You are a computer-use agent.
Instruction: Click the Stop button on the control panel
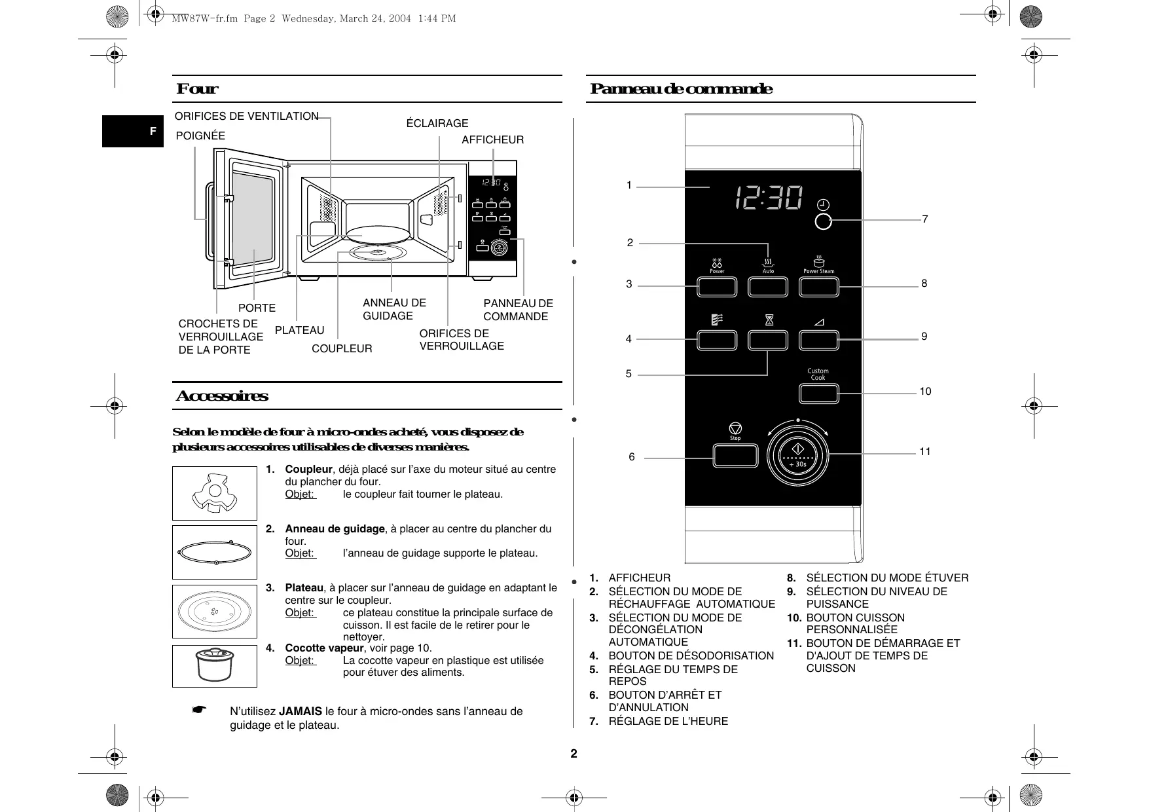[735, 455]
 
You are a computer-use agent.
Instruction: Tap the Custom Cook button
[818, 393]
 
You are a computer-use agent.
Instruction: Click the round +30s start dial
[797, 454]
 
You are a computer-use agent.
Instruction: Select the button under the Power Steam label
[818, 287]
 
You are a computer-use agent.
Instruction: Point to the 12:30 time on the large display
[769, 197]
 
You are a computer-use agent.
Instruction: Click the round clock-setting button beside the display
[823, 221]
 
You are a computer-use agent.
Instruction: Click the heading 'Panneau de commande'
[681, 89]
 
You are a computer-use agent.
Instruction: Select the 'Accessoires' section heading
[222, 396]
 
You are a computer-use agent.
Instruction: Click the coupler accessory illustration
[214, 493]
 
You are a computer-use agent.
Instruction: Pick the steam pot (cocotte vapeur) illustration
[214, 666]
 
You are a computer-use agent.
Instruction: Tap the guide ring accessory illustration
[214, 552]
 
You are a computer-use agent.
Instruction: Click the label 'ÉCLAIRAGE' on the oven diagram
[437, 123]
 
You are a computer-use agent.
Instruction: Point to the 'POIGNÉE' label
[200, 136]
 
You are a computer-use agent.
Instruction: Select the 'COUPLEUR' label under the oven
[342, 349]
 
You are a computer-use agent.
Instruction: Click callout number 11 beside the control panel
[924, 451]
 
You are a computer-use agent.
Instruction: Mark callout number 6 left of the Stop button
[632, 457]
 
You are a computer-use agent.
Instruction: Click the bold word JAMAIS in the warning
[301, 711]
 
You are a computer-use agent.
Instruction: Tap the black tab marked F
[133, 132]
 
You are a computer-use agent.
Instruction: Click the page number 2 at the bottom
[574, 754]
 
